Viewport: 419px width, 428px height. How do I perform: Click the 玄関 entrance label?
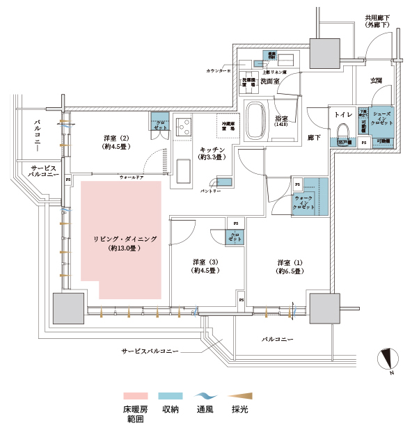click(375, 81)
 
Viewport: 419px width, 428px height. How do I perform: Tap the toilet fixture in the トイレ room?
click(344, 132)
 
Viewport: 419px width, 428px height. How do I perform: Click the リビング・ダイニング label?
click(125, 239)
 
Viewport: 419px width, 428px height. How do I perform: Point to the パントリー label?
click(209, 190)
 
